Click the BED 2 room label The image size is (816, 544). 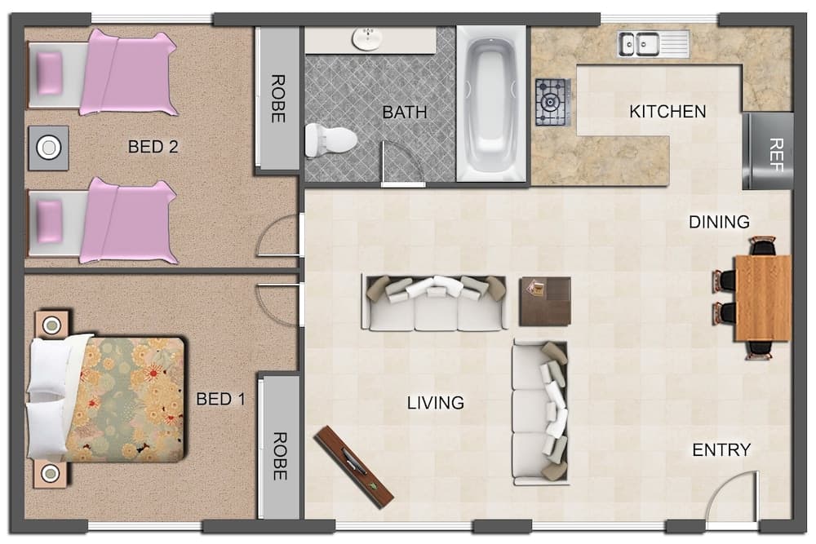pyautogui.click(x=153, y=148)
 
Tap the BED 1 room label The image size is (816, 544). pyautogui.click(x=220, y=400)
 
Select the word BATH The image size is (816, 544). pyautogui.click(x=405, y=113)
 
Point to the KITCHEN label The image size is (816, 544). pyautogui.click(x=667, y=112)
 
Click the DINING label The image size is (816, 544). pyautogui.click(x=719, y=222)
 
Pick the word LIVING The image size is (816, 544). pyautogui.click(x=436, y=403)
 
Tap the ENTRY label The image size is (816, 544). pyautogui.click(x=721, y=450)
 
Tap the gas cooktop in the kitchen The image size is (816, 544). pyautogui.click(x=552, y=102)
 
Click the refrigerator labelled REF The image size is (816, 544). pyautogui.click(x=768, y=151)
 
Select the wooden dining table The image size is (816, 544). pyautogui.click(x=762, y=298)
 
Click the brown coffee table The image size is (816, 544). pyautogui.click(x=545, y=301)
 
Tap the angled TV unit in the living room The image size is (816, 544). pyautogui.click(x=355, y=466)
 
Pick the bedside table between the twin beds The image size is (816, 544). pyautogui.click(x=49, y=148)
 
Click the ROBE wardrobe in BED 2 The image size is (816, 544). pyautogui.click(x=277, y=99)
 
